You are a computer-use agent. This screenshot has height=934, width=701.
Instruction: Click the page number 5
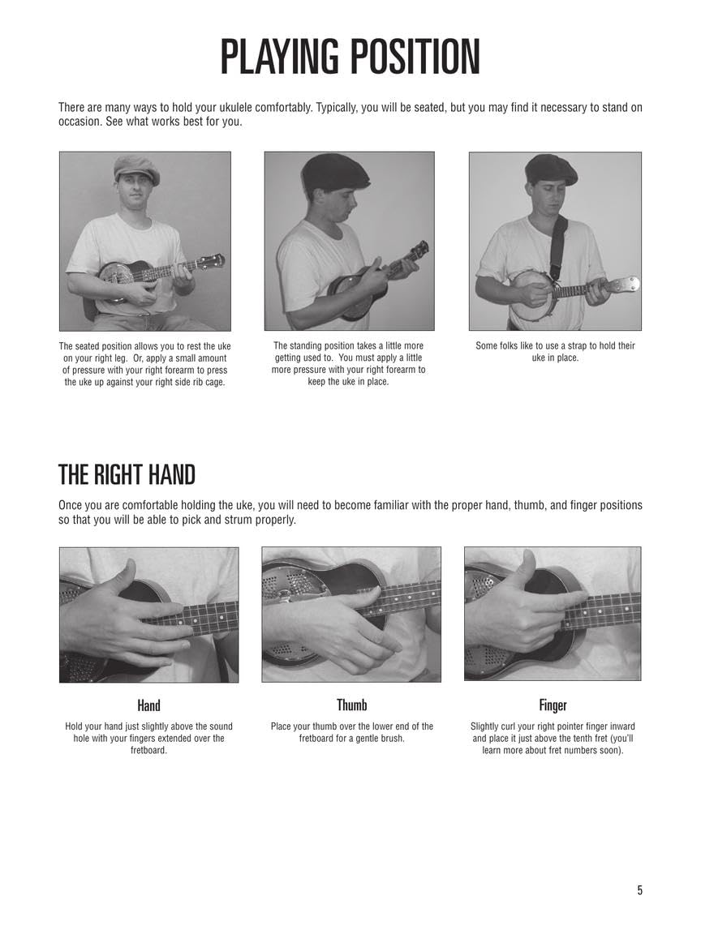coord(639,890)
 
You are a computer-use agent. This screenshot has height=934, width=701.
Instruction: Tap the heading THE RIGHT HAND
coord(127,473)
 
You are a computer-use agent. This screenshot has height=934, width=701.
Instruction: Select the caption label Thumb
coord(352,705)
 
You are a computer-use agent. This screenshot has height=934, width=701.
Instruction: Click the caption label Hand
coord(148,705)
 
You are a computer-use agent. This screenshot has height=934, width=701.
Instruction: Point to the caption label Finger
coord(553,705)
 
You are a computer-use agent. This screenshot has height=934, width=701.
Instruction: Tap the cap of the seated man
coord(135,168)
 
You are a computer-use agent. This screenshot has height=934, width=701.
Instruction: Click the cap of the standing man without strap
coord(335,170)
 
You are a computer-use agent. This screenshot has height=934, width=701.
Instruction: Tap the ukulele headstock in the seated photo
coord(213,261)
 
